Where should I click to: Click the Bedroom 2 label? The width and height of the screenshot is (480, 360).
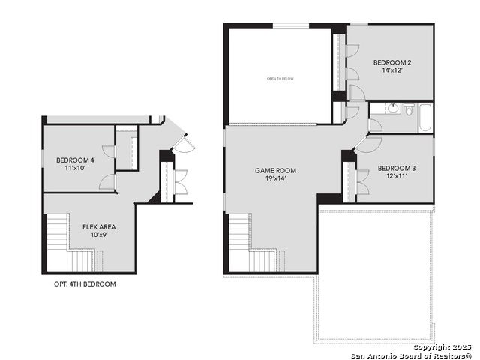(x=392, y=62)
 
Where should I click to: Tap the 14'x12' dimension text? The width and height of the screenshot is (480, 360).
(x=391, y=70)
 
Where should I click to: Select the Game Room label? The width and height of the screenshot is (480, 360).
(x=275, y=170)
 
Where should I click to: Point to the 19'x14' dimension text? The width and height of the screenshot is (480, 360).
(x=275, y=178)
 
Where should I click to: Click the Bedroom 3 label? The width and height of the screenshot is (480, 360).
(x=397, y=168)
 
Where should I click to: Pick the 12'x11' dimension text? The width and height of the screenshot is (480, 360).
(x=397, y=176)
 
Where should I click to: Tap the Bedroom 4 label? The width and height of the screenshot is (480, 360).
(x=75, y=160)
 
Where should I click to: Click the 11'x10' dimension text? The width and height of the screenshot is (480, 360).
(x=75, y=168)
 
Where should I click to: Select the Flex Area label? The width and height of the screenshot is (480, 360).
(x=99, y=227)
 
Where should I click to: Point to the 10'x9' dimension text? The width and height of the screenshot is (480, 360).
(x=99, y=235)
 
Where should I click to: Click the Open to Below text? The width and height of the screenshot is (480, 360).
(x=280, y=79)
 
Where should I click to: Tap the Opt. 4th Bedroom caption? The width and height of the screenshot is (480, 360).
(x=85, y=284)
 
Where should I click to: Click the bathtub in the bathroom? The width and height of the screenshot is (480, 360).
(x=425, y=118)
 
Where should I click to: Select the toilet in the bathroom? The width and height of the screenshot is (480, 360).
(x=409, y=109)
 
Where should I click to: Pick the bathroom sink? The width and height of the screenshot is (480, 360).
(x=392, y=108)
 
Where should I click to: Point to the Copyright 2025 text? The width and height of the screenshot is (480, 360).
(x=442, y=347)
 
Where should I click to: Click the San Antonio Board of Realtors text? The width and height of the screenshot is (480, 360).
(x=411, y=355)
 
